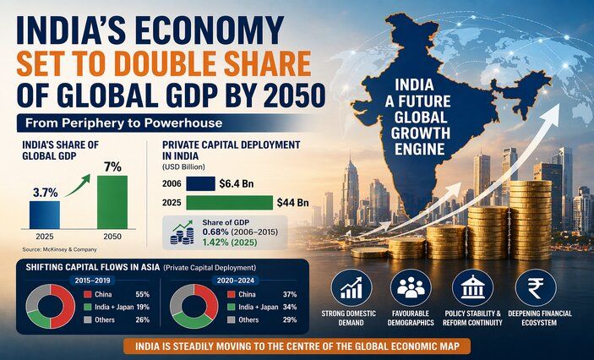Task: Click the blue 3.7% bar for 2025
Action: pos(40,215)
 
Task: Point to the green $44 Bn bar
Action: pos(229,203)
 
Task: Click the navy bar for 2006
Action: pos(199,183)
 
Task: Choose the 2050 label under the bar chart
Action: pos(112,237)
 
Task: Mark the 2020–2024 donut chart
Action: pos(194,305)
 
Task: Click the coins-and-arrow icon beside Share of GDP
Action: pos(183,232)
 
